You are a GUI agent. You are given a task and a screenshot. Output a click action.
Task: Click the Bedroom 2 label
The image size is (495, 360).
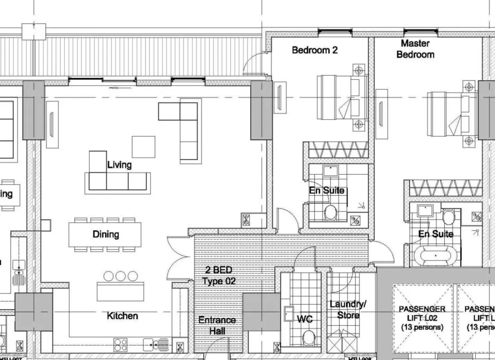coord(314,50)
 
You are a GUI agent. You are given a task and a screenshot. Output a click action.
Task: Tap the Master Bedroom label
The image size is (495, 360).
coord(415,49)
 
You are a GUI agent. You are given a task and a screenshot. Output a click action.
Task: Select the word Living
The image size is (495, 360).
coord(119,165)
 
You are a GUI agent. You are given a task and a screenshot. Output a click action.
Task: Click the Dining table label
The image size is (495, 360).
coord(106,234)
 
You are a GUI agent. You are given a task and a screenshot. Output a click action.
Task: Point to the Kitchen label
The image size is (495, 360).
coord(122,316)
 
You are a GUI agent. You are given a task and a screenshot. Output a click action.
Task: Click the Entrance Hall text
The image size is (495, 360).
coord(217,325)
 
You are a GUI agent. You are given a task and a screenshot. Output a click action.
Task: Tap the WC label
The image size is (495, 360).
coord(304,319)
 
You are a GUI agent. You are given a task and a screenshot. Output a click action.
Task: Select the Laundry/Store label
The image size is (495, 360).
coord(348,310)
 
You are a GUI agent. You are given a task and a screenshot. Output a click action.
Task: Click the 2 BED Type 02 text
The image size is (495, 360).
coord(219,276)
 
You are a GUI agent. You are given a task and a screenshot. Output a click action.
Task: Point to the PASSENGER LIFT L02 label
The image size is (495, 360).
coord(422,318)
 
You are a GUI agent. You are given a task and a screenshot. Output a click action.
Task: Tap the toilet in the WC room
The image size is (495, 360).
coord(308,337)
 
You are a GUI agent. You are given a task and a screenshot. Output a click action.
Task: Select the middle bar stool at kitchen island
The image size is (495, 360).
coord(120,276)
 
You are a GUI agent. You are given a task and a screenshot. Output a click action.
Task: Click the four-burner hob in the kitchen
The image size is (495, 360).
coord(120,345)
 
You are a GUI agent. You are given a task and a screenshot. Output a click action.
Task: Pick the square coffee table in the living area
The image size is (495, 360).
coord(143,147)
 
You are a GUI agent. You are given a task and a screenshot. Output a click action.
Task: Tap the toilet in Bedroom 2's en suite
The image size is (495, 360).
coord(331,211)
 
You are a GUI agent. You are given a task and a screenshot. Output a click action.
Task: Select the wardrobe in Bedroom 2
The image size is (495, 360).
coord(335,150)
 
